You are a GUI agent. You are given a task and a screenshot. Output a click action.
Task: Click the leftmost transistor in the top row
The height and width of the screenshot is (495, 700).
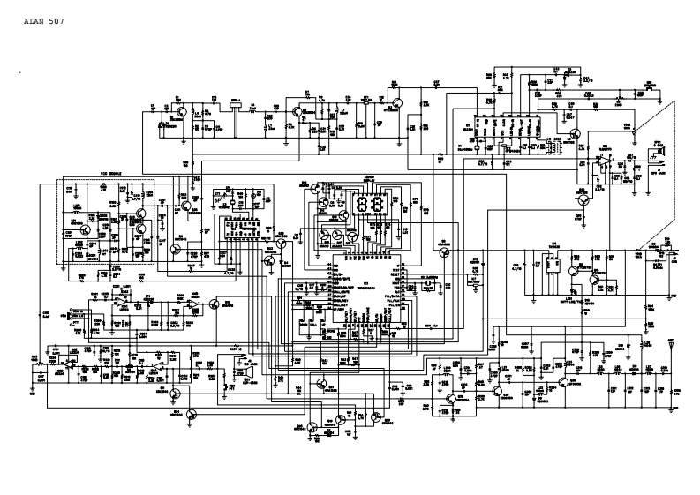pyautogui.click(x=179, y=112)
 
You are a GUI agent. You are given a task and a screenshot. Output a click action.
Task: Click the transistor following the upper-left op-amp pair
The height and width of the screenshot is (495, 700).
pyautogui.click(x=215, y=304)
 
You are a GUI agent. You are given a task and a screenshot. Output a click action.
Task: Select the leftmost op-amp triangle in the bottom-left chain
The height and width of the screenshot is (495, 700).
pyautogui.click(x=67, y=362)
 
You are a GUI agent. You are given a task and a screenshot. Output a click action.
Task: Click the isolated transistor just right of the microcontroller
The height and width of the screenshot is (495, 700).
pyautogui.click(x=443, y=251)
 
